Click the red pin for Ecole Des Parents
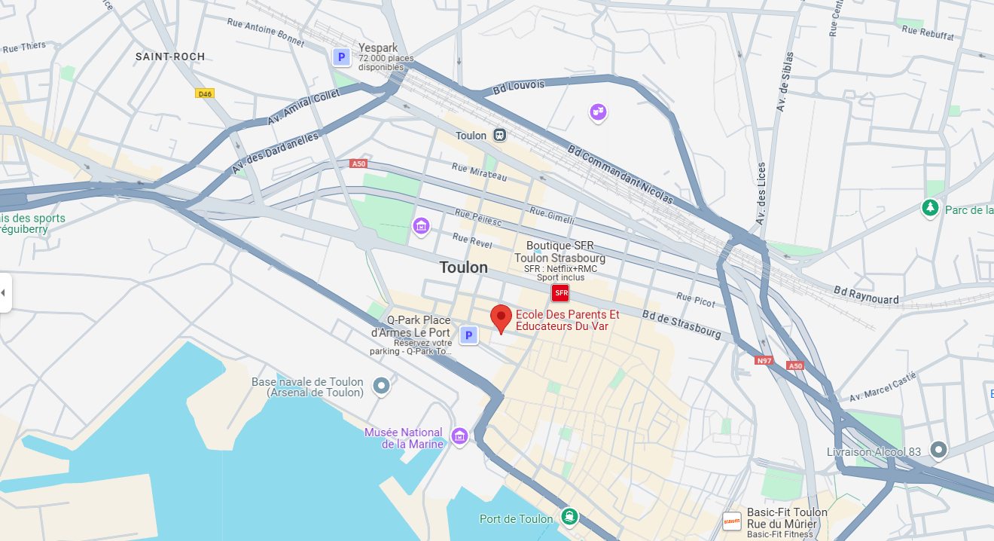tap(501, 317)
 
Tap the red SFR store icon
tap(560, 293)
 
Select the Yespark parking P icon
tap(341, 57)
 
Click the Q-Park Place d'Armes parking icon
tap(468, 335)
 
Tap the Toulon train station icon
tap(500, 136)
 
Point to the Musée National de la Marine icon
tap(459, 436)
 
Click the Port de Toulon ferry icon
tap(569, 518)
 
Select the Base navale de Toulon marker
tap(382, 386)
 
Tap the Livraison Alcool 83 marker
tap(938, 451)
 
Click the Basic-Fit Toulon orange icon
tap(731, 521)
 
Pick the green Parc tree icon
tap(931, 208)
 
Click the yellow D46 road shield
tap(204, 93)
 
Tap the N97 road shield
tap(764, 360)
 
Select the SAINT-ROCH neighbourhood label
tap(170, 57)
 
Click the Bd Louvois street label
tap(518, 87)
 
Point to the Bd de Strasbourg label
tap(681, 324)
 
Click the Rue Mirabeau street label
tap(479, 171)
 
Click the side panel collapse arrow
tap(3, 292)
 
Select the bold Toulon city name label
tap(463, 267)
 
